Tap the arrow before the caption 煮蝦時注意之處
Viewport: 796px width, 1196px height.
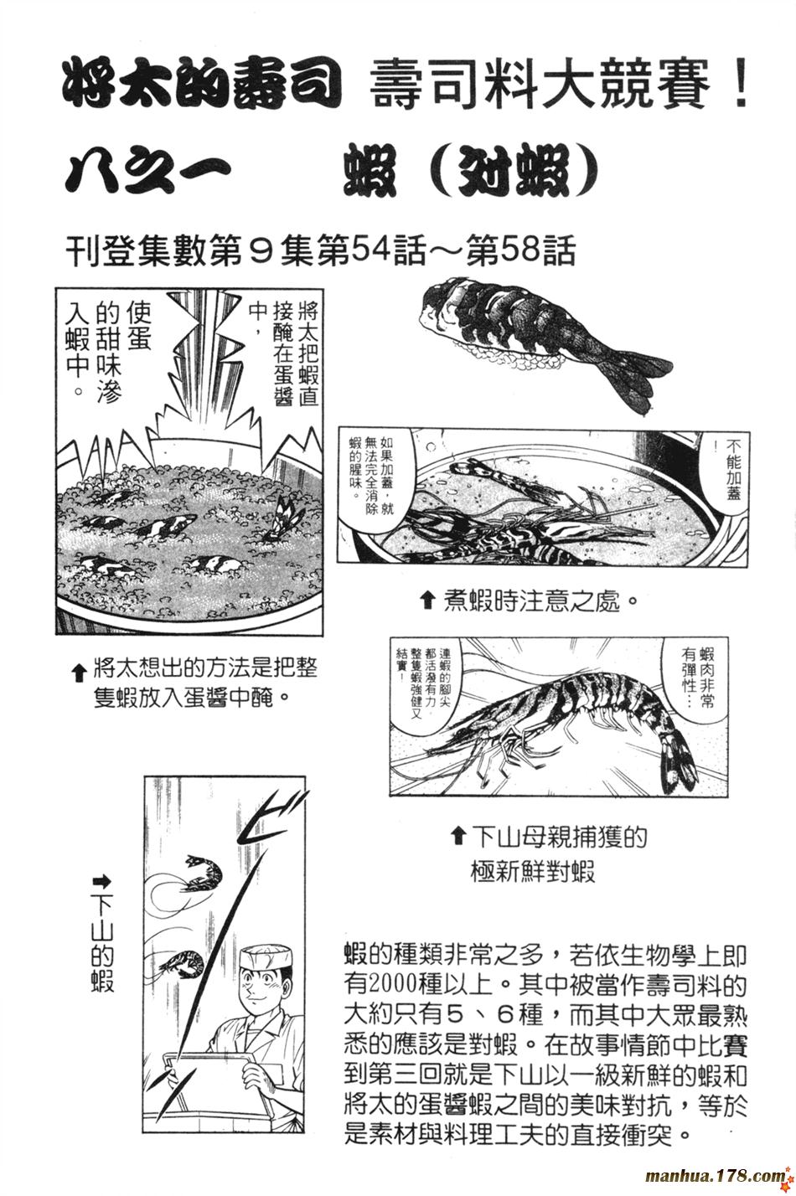click(x=428, y=604)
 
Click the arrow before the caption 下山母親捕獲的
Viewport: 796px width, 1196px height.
click(x=457, y=838)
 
